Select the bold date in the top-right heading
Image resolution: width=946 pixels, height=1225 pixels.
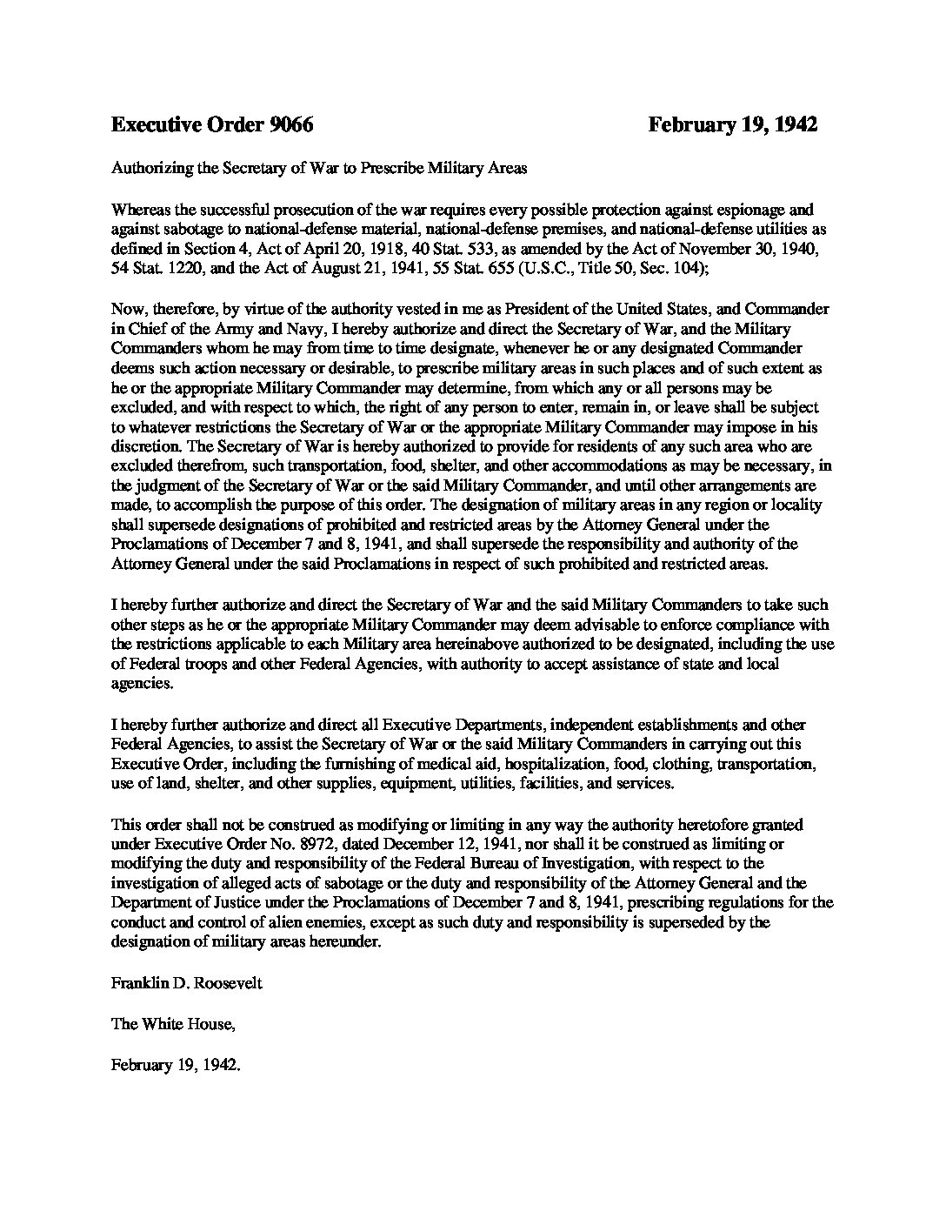point(732,125)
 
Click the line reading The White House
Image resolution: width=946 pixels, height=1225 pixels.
point(173,1024)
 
